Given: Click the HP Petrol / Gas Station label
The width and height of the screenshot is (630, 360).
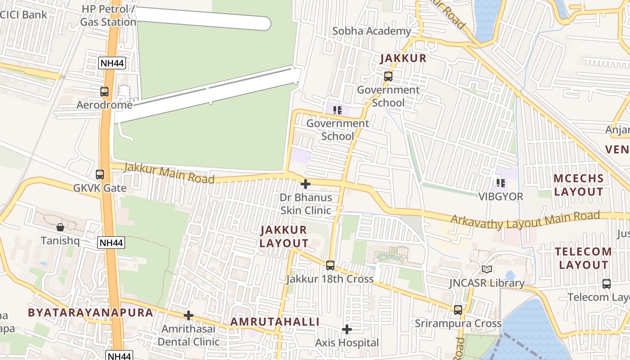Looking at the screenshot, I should point(108,15).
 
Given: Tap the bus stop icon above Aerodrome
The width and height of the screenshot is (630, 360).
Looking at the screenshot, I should point(104,92).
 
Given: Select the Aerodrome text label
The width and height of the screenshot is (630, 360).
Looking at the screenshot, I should point(104,105).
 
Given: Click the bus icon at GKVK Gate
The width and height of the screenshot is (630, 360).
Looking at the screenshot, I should point(100,175).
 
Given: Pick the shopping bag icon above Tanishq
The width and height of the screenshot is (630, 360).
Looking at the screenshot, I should point(60,227).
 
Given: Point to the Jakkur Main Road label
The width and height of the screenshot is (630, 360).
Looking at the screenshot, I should point(169,173).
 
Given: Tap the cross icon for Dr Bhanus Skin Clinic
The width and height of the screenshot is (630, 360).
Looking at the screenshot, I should point(306,184).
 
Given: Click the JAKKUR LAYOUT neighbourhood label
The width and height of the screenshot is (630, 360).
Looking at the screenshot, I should point(284,237).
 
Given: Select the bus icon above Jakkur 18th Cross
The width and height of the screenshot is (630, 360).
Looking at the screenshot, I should point(330,265).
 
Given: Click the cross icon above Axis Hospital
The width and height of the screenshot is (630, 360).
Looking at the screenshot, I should point(346,329).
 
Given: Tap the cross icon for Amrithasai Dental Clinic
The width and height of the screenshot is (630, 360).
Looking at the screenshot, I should point(189,315).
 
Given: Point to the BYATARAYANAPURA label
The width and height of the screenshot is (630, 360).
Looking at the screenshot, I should point(90,313).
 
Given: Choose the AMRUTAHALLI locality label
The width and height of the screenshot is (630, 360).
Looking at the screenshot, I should point(275,322).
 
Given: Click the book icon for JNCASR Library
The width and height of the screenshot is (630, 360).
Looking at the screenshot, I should point(486,270).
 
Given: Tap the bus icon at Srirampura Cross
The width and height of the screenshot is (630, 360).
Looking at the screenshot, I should point(458,310).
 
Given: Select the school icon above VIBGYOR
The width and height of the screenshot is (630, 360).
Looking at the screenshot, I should point(500,183).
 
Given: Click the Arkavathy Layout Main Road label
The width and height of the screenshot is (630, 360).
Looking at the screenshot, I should point(526,219).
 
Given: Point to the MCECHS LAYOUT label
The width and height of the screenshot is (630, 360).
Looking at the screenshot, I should point(578,185).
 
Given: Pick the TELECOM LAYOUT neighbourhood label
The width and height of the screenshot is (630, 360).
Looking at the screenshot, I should point(583,258).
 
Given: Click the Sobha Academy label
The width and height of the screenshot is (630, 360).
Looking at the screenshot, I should point(372,31).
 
